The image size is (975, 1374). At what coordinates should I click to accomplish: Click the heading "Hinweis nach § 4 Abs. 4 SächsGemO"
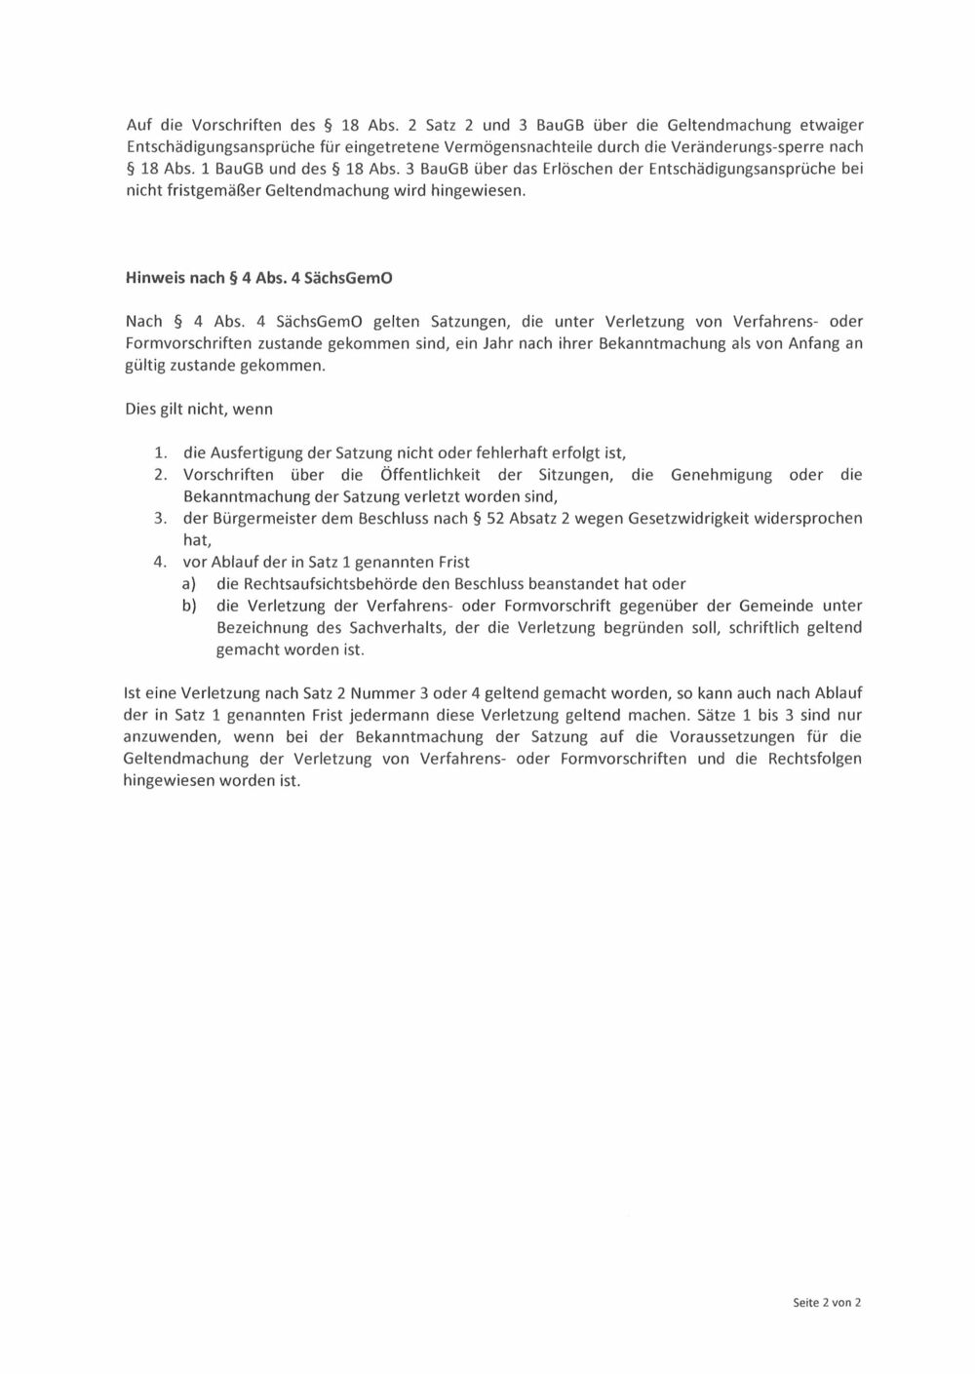pyautogui.click(x=258, y=277)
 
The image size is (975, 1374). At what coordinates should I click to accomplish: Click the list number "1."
pyautogui.click(x=161, y=453)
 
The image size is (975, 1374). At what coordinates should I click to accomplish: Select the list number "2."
pyautogui.click(x=161, y=475)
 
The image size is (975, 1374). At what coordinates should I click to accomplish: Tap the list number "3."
pyautogui.click(x=161, y=519)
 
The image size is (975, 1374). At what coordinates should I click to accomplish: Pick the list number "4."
pyautogui.click(x=161, y=563)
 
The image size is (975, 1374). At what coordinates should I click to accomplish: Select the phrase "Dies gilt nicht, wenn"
pyautogui.click(x=199, y=410)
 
